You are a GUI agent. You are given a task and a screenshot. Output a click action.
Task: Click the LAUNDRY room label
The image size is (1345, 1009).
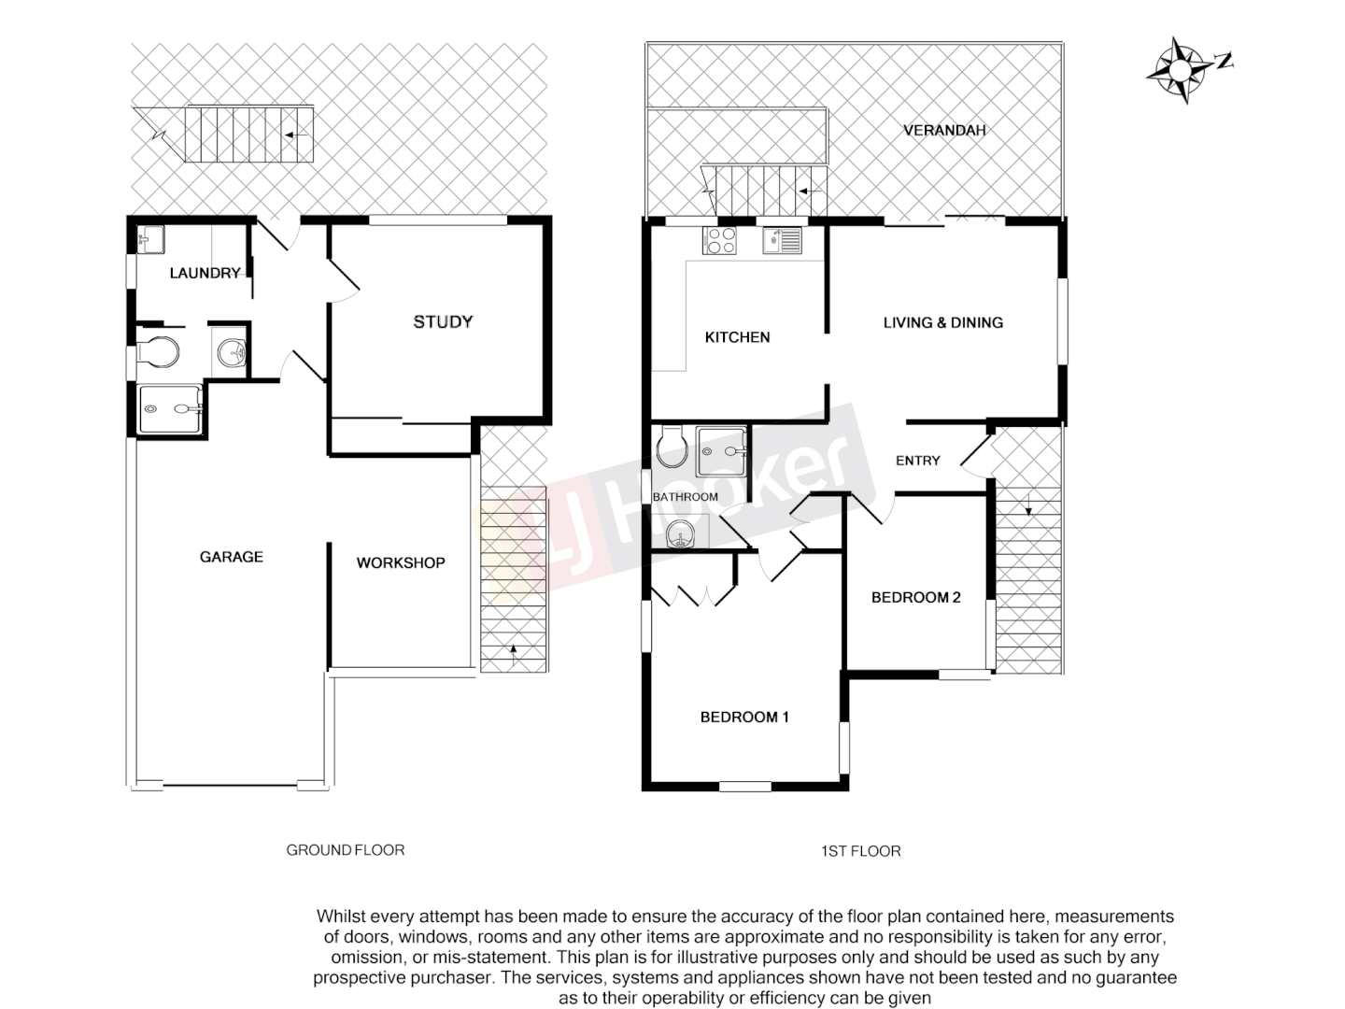(x=205, y=273)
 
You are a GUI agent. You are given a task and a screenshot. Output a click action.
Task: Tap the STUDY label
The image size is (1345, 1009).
(x=443, y=321)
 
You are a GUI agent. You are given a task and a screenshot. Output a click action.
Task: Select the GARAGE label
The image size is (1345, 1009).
(x=231, y=557)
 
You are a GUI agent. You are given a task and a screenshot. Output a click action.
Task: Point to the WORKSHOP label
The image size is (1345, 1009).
(x=400, y=562)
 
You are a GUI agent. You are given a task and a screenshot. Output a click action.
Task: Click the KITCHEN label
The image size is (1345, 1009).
(x=737, y=337)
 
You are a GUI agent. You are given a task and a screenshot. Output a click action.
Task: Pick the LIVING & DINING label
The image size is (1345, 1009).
(x=942, y=322)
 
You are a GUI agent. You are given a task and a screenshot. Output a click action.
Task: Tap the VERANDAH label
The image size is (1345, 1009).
(x=944, y=130)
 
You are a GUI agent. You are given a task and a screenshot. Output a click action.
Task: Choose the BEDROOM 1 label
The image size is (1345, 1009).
(x=744, y=717)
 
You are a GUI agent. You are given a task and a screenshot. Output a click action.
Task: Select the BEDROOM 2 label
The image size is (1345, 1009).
(x=915, y=597)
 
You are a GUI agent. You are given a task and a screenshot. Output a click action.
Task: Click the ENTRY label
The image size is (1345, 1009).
(x=917, y=461)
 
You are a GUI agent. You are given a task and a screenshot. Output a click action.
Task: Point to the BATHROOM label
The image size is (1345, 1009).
(x=685, y=497)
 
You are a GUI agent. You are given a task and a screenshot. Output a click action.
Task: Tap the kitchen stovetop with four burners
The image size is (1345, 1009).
(x=718, y=240)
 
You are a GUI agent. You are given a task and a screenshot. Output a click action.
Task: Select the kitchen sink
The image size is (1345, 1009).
(x=782, y=240)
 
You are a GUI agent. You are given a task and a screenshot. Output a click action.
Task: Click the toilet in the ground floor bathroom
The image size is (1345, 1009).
(x=157, y=352)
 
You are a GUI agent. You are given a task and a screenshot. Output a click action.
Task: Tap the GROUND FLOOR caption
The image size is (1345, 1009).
(x=345, y=850)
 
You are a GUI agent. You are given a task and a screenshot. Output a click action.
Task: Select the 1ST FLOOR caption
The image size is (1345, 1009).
(x=860, y=851)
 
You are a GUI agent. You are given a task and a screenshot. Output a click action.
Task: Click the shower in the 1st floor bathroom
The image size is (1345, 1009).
(x=722, y=452)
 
